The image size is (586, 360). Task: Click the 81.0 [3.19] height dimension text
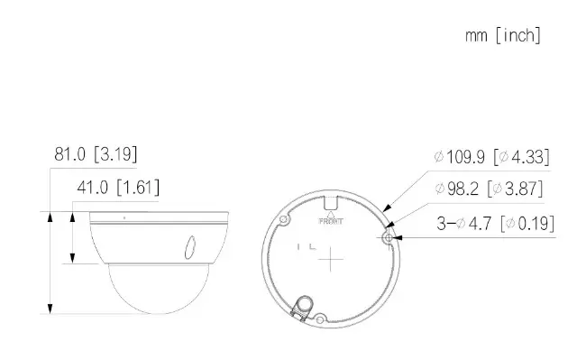(96, 154)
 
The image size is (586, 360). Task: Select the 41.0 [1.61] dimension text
(118, 187)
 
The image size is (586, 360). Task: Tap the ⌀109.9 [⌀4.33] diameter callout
(492, 157)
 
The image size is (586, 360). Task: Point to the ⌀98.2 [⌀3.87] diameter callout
(489, 189)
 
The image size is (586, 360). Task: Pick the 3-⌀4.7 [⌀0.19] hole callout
(496, 224)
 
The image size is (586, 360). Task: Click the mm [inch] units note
(503, 36)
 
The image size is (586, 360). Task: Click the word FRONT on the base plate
(331, 221)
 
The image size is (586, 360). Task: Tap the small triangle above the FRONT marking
(331, 215)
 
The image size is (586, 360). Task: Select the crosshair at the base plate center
(330, 259)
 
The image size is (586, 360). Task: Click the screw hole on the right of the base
(389, 238)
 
